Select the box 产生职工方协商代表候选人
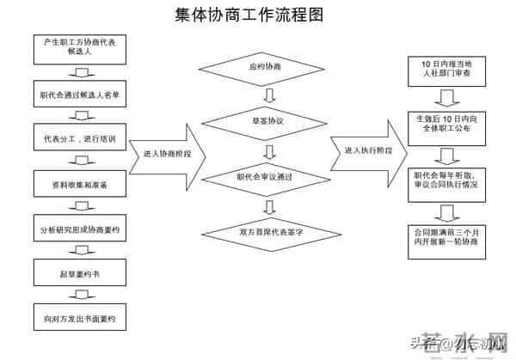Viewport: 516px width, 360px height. (79, 47)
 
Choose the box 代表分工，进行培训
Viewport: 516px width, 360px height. (79, 138)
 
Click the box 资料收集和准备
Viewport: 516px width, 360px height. (79, 184)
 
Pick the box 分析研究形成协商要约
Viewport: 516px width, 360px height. (79, 230)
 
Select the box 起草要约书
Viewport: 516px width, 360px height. (79, 275)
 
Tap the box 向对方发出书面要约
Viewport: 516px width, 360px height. (79, 319)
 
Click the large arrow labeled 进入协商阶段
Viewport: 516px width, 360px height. (169, 154)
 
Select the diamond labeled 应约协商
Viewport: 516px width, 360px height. (270, 67)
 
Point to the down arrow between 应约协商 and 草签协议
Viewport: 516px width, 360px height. (270, 95)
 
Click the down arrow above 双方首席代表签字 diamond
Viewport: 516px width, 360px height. (270, 206)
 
